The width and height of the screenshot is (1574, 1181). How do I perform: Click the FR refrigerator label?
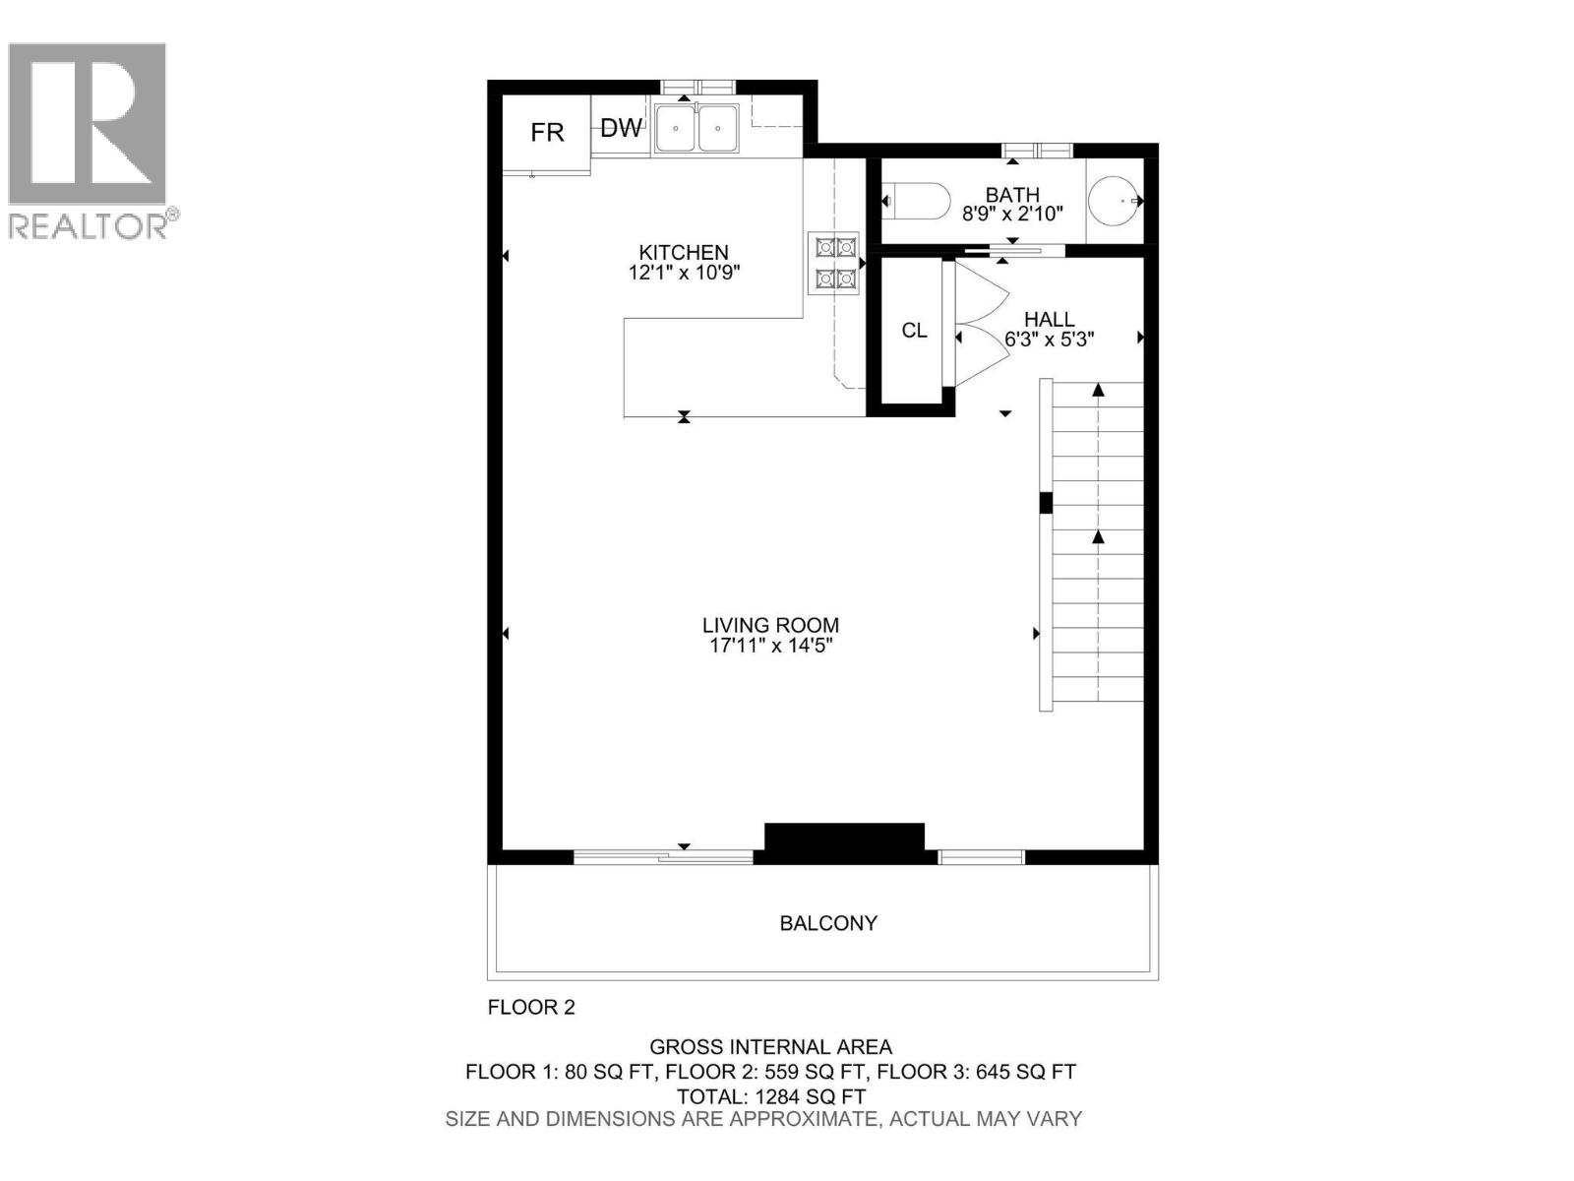click(x=547, y=133)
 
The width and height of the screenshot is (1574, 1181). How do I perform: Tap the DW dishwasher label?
click(x=621, y=128)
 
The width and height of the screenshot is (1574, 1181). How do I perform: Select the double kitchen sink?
click(x=696, y=128)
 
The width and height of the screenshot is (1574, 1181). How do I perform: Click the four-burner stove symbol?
click(x=833, y=263)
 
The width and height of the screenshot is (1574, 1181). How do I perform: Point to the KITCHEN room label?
click(x=684, y=252)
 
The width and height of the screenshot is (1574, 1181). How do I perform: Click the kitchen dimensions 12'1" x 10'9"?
click(x=684, y=273)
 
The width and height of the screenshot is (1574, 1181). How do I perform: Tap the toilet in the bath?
click(x=916, y=201)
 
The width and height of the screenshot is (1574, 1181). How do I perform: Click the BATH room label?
click(x=1012, y=195)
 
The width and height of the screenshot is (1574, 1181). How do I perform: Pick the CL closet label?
click(x=914, y=331)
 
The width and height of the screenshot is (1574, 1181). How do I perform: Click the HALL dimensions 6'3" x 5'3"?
click(x=1049, y=340)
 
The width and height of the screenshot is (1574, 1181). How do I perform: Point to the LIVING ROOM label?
click(x=770, y=625)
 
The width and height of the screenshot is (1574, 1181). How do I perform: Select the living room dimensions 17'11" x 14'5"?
click(x=770, y=646)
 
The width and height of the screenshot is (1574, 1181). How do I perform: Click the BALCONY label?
click(x=828, y=923)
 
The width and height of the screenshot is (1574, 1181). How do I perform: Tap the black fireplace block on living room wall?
click(x=844, y=839)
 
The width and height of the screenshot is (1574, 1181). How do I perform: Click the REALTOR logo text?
click(x=89, y=226)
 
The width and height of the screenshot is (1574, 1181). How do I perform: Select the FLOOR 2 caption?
click(x=531, y=1007)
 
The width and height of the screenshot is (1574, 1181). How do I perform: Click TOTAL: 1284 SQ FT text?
click(x=770, y=1095)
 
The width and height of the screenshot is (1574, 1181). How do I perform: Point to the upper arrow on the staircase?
click(x=1098, y=391)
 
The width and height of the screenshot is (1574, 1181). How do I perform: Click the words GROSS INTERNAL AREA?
click(x=770, y=1047)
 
